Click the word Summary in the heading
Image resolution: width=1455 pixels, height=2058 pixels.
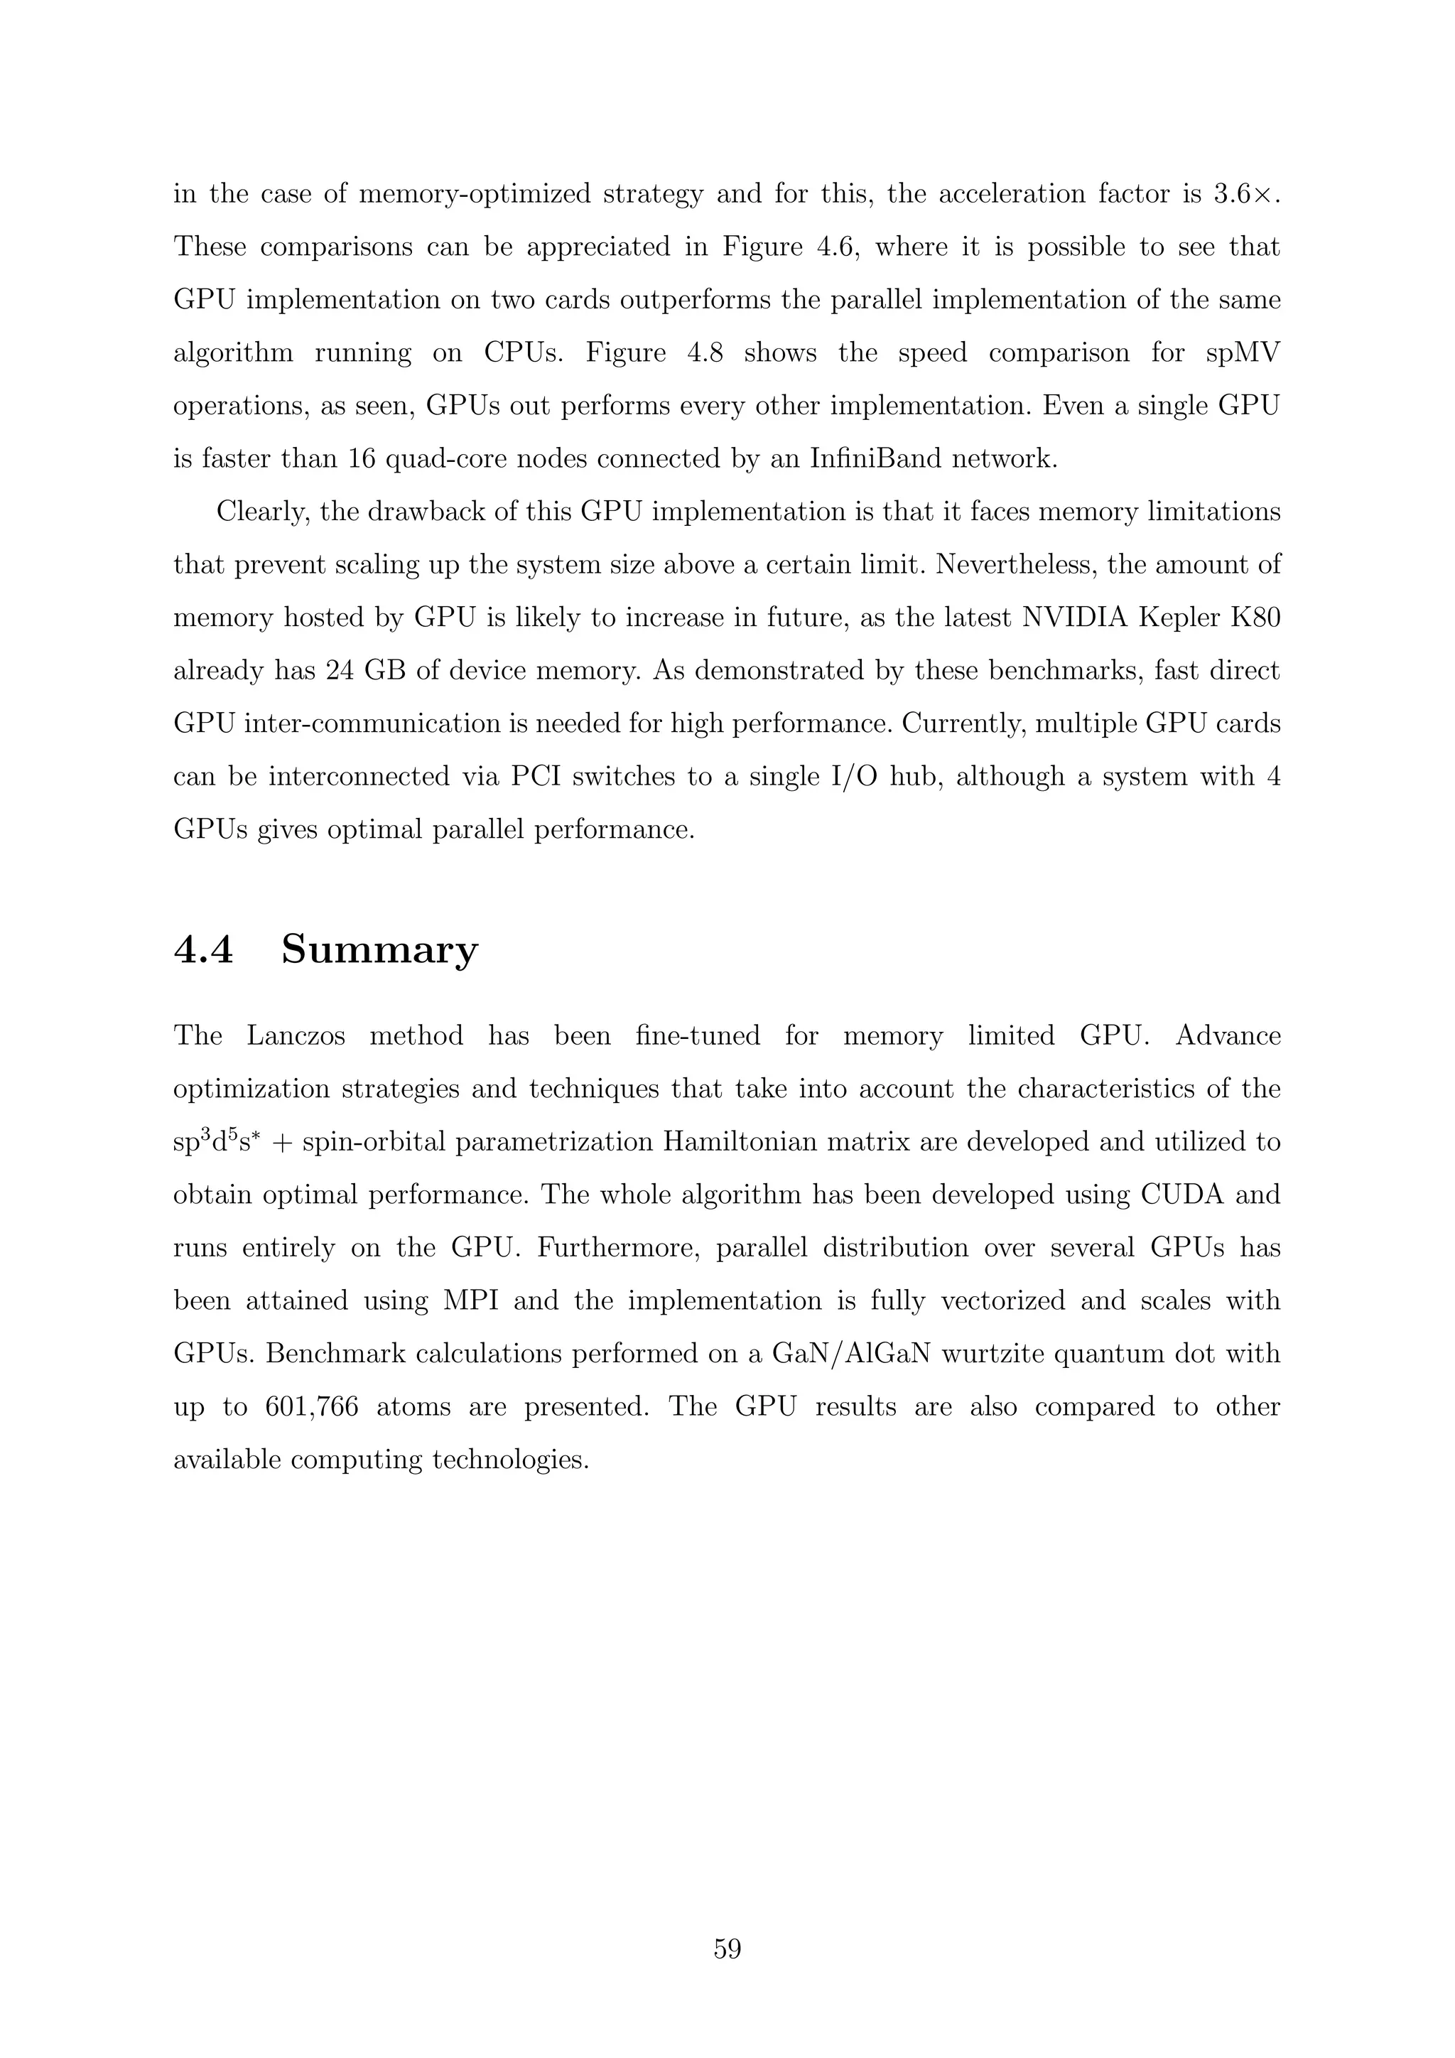[x=380, y=949]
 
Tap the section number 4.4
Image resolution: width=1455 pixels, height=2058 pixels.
[x=203, y=949]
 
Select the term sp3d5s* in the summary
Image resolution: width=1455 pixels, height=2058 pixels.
[x=216, y=1142]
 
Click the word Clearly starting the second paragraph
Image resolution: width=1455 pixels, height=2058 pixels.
[x=262, y=512]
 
